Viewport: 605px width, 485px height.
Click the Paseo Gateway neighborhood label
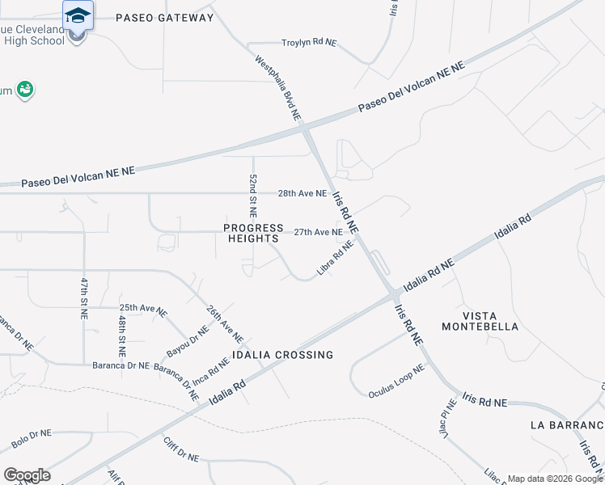tap(165, 17)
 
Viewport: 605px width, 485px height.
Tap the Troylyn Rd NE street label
tap(308, 43)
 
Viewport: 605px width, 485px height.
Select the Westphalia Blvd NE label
tap(278, 89)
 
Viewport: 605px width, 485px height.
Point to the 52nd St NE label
tap(253, 196)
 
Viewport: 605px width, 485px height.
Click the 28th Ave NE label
tap(302, 194)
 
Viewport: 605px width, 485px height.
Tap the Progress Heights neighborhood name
tap(254, 233)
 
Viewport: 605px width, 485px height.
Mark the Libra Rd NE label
tap(336, 258)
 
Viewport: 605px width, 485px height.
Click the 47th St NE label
tap(83, 298)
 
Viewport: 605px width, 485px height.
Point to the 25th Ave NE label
tap(143, 309)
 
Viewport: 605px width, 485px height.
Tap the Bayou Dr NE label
tap(188, 340)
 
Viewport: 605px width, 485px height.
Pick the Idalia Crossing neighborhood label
tap(282, 355)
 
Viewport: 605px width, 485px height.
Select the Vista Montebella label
tap(480, 321)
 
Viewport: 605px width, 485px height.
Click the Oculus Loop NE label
tap(396, 382)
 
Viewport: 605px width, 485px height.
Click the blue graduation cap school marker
tap(78, 17)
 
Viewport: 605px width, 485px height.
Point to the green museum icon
tap(25, 89)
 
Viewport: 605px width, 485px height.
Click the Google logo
tap(27, 474)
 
